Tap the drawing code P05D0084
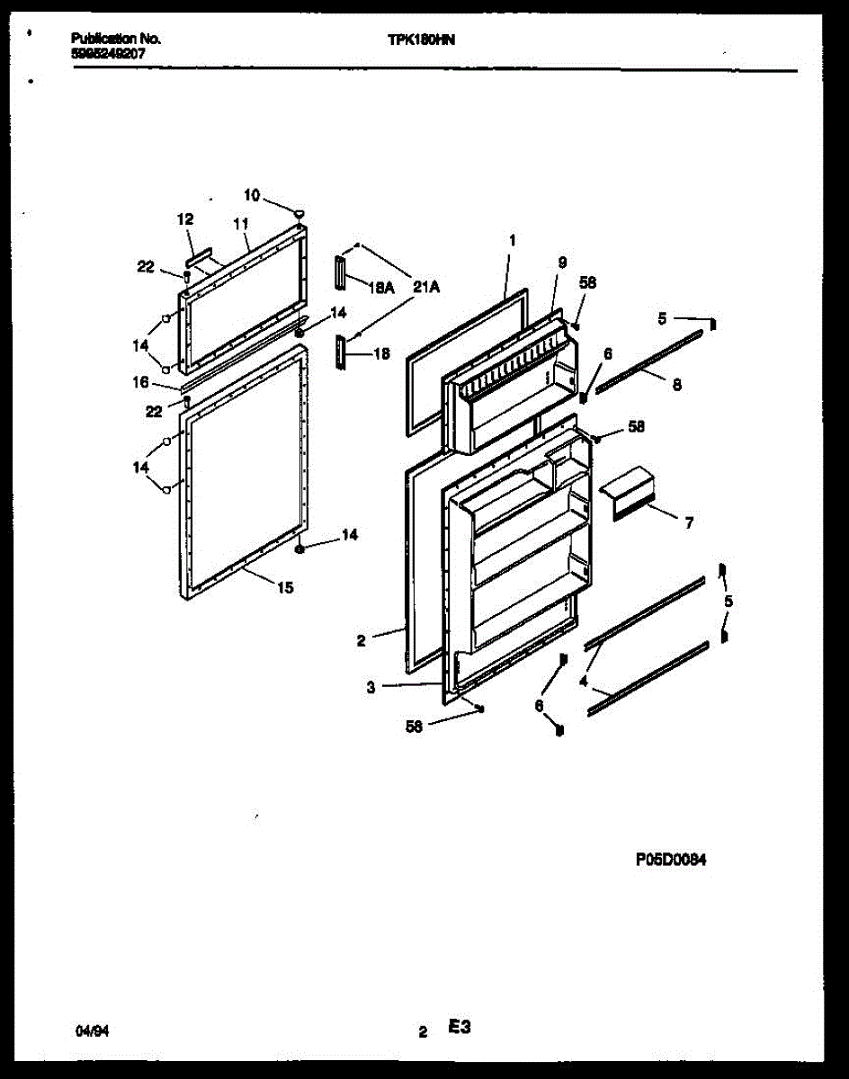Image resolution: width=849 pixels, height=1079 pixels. pos(670,859)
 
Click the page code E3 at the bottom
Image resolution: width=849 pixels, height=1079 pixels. pos(460,1028)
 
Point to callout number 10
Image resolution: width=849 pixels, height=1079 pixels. pos(252,195)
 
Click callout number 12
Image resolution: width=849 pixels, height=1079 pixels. pos(185,218)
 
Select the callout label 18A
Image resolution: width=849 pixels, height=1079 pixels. pos(382,289)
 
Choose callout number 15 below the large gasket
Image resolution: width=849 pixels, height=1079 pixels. pos(284,588)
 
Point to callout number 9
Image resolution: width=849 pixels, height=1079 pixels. pos(562,262)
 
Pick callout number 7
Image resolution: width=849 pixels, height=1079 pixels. pos(689,522)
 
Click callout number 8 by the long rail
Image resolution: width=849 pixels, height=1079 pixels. pos(676,384)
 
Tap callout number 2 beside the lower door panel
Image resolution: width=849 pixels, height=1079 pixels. pos(361,641)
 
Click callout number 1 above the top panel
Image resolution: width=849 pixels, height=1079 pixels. pos(512,240)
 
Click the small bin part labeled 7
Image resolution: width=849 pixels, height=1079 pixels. pos(632,494)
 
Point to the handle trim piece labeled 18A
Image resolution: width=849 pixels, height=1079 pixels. pos(340,272)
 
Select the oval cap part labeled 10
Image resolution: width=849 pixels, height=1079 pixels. pos(297,210)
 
